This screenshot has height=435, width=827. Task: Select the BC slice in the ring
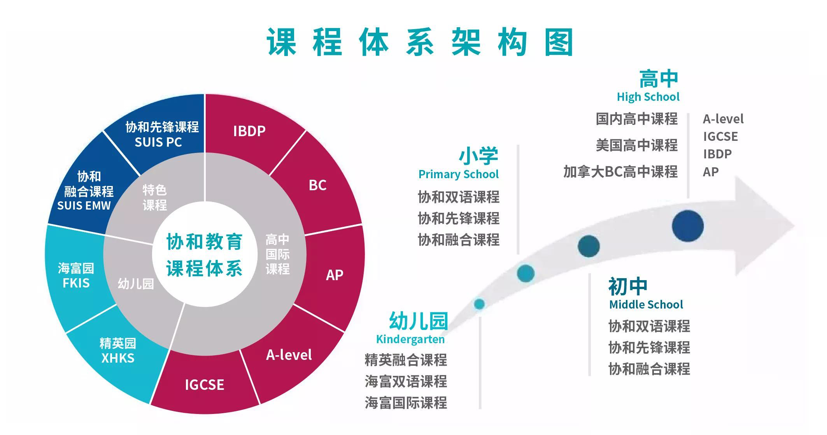pyautogui.click(x=317, y=185)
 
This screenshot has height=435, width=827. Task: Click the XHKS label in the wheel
pyautogui.click(x=118, y=358)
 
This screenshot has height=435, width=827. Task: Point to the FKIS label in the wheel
pyautogui.click(x=76, y=283)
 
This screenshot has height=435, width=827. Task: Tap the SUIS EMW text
pyautogui.click(x=84, y=205)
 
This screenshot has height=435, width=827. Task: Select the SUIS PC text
pyautogui.click(x=158, y=142)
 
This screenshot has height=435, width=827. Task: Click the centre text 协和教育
pyautogui.click(x=205, y=242)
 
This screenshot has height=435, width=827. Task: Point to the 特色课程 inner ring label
pyautogui.click(x=154, y=197)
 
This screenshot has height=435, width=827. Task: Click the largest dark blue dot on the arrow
pyautogui.click(x=688, y=226)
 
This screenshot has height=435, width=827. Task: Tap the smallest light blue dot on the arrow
pyautogui.click(x=479, y=304)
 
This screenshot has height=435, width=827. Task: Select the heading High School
pyautogui.click(x=648, y=97)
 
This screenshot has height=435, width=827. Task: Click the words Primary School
pyautogui.click(x=458, y=174)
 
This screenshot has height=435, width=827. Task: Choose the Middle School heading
pyautogui.click(x=646, y=304)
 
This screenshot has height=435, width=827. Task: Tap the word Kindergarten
pyautogui.click(x=410, y=339)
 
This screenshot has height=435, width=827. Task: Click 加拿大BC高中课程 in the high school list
pyautogui.click(x=620, y=172)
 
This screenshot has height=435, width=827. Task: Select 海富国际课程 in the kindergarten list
pyautogui.click(x=406, y=403)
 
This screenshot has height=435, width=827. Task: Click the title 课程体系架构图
pyautogui.click(x=420, y=42)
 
